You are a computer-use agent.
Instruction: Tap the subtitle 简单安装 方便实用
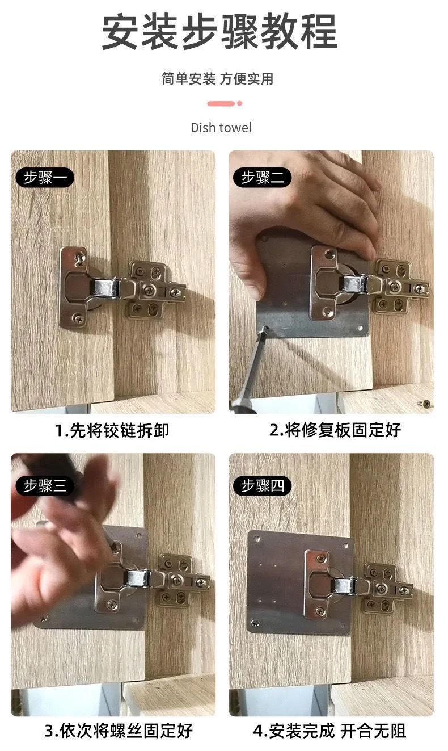pyautogui.click(x=217, y=79)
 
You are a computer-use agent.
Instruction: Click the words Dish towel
pyautogui.click(x=221, y=128)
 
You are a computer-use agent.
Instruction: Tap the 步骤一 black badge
pyautogui.click(x=45, y=178)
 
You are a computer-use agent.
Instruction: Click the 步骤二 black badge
pyautogui.click(x=262, y=178)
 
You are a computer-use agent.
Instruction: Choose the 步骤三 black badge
pyautogui.click(x=45, y=486)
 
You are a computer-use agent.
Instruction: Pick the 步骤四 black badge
pyautogui.click(x=262, y=486)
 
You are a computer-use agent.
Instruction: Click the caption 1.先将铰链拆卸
pyautogui.click(x=112, y=430)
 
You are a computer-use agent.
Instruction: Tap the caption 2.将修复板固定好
pyautogui.click(x=335, y=430)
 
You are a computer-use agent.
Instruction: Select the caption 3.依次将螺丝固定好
pyautogui.click(x=119, y=730)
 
